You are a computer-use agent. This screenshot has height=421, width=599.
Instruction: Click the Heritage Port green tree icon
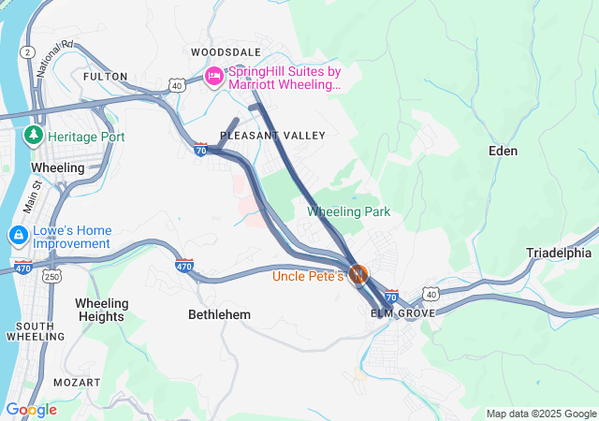(x=35, y=136)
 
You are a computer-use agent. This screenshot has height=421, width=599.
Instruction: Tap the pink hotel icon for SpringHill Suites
(x=214, y=76)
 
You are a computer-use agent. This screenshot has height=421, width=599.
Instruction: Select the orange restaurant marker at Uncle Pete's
(x=358, y=274)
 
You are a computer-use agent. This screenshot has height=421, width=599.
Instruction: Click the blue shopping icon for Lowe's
(x=18, y=235)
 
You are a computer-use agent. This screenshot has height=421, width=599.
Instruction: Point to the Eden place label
(x=504, y=150)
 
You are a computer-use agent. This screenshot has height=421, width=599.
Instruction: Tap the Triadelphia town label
(x=559, y=253)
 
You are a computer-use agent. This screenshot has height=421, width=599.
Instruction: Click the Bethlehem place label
(x=219, y=314)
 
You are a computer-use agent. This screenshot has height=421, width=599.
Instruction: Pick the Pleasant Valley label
(x=272, y=136)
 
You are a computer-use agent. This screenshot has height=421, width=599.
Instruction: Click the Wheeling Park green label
(x=348, y=212)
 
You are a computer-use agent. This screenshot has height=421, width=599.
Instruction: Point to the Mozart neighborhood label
(x=77, y=383)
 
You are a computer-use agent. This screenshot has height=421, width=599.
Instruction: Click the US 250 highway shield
(x=52, y=276)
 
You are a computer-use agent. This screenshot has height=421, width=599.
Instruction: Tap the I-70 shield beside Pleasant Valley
(x=200, y=149)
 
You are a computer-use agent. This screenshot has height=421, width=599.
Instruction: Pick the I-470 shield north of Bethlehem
(x=184, y=266)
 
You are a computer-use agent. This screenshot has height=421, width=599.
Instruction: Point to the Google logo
(x=31, y=410)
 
